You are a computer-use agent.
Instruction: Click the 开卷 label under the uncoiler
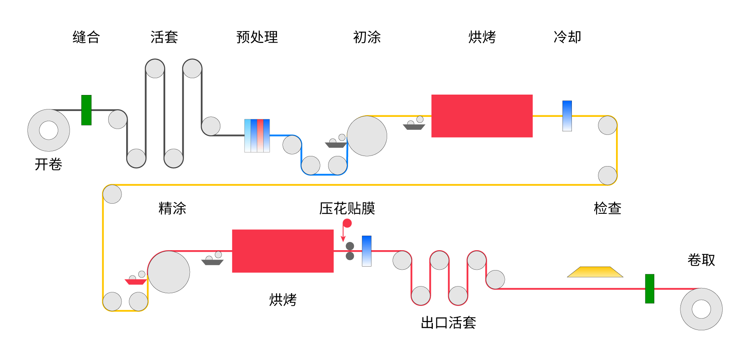coord(48,164)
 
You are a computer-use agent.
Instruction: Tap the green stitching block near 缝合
coord(86,110)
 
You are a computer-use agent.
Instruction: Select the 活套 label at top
coord(164,37)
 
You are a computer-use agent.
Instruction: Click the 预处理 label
coord(257,37)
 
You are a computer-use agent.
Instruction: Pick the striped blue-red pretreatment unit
coord(257,136)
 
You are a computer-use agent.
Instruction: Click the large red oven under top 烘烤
coord(482,116)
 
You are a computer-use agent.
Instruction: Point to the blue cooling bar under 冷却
coord(567,116)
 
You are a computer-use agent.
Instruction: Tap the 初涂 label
coord(367,37)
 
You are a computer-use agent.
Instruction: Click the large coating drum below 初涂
coord(367,136)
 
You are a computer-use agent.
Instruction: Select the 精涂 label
coord(172,208)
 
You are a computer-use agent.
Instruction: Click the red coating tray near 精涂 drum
coord(136,281)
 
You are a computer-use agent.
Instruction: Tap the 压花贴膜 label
coord(347,208)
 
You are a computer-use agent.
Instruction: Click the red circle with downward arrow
coord(347,223)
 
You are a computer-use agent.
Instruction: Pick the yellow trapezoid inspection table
coord(595,272)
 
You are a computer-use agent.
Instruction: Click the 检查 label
coord(607,208)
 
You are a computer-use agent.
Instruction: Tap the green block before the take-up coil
coord(649,289)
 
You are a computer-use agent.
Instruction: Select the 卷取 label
coord(701,260)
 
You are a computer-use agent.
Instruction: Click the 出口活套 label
coord(448,323)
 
